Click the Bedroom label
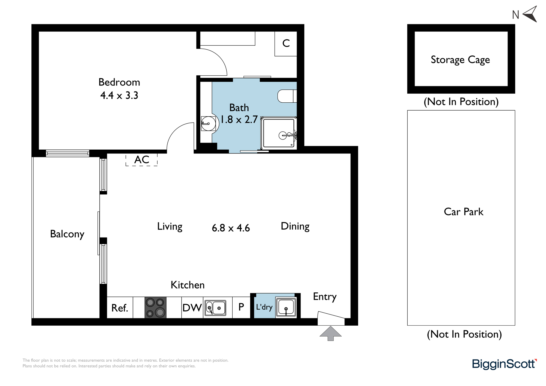(x=119, y=82)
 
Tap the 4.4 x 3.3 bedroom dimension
(x=119, y=95)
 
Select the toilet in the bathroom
(x=287, y=96)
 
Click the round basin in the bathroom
(x=209, y=124)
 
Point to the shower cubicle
(x=278, y=133)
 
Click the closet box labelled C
(x=286, y=44)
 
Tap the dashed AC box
(x=141, y=160)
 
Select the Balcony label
(x=67, y=234)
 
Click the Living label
(x=170, y=227)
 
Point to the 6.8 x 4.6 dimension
(x=231, y=228)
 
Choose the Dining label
(x=295, y=226)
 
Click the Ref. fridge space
(x=120, y=307)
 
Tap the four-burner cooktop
(x=155, y=307)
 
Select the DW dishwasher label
(x=192, y=308)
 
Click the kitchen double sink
(x=215, y=308)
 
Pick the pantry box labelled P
(x=241, y=307)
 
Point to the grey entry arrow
(x=331, y=333)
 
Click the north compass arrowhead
(x=530, y=14)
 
